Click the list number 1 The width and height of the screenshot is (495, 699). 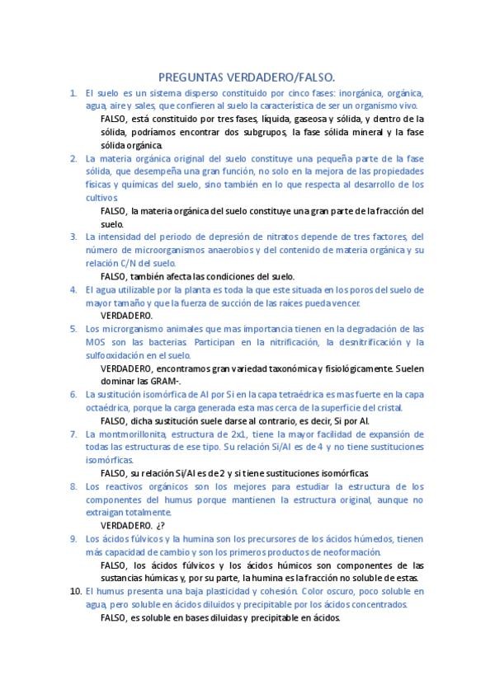coord(73,93)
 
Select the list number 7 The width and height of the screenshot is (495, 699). coord(73,433)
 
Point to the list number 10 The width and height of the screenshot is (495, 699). coord(74,591)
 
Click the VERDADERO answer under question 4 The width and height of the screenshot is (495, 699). coord(126,315)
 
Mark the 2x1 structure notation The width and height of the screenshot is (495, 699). coord(240,433)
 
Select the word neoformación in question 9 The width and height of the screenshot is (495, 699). coord(345,551)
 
